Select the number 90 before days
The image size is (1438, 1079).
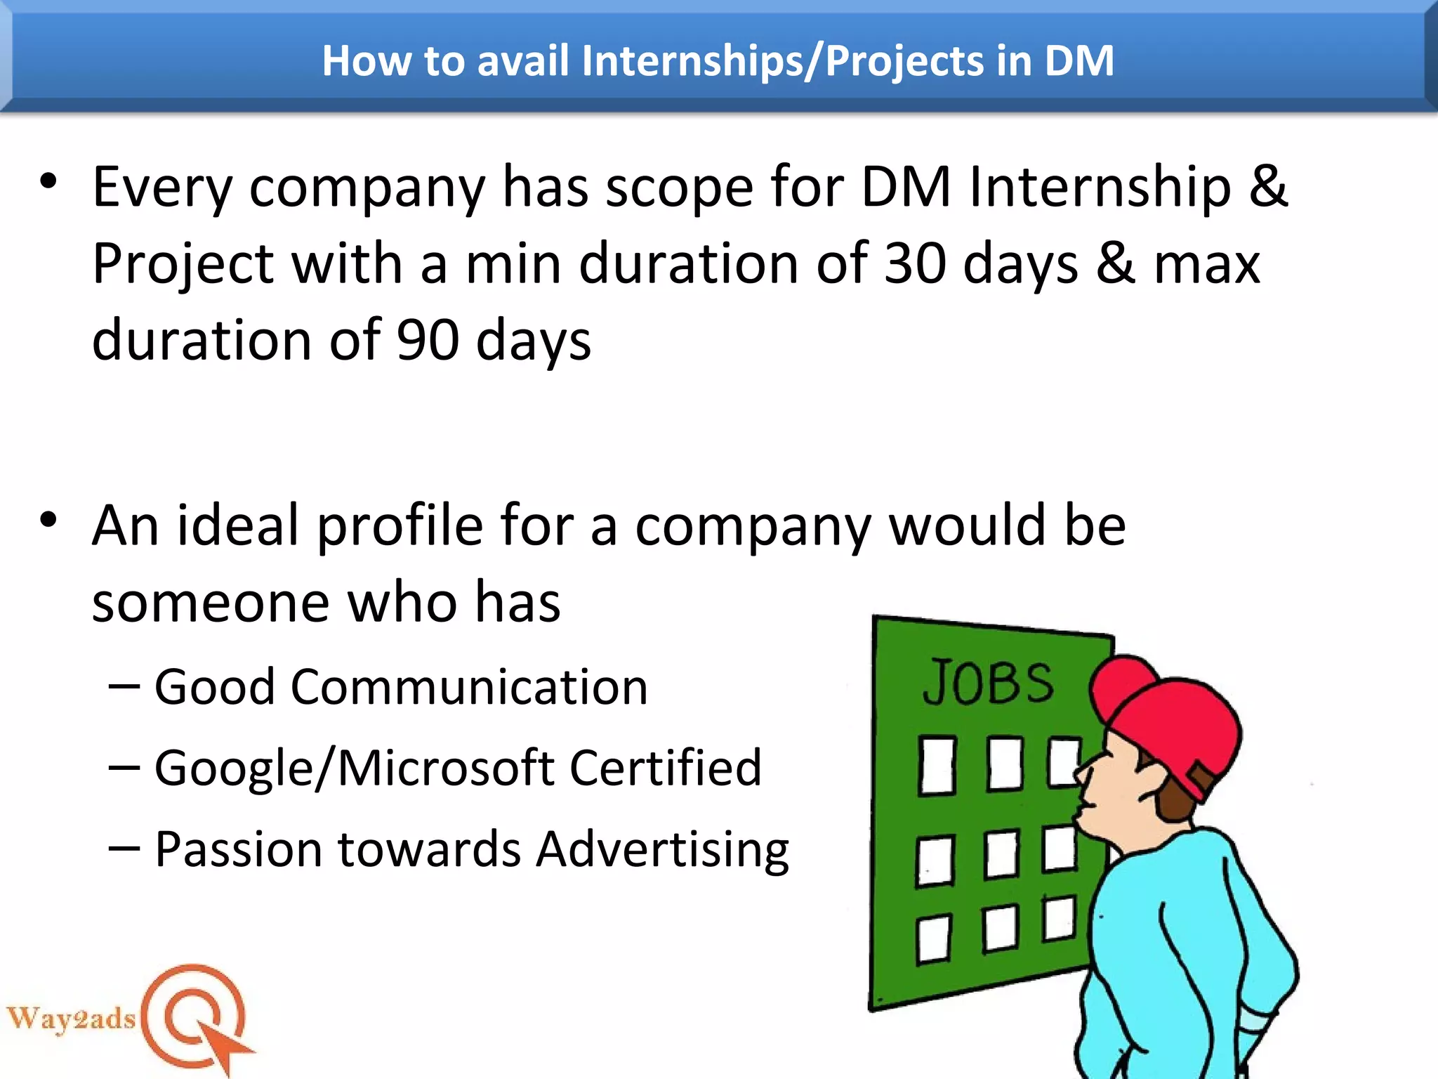click(428, 341)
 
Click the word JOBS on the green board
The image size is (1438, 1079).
click(988, 682)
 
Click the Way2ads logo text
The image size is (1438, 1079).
click(71, 1018)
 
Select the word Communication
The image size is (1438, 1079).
click(469, 687)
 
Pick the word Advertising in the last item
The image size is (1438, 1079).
click(662, 849)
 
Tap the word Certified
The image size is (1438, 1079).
click(665, 768)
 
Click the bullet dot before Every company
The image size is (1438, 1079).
click(48, 182)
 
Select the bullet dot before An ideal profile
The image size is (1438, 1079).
click(48, 521)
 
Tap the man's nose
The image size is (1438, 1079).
click(1083, 773)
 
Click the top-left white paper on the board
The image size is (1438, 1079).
click(937, 765)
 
